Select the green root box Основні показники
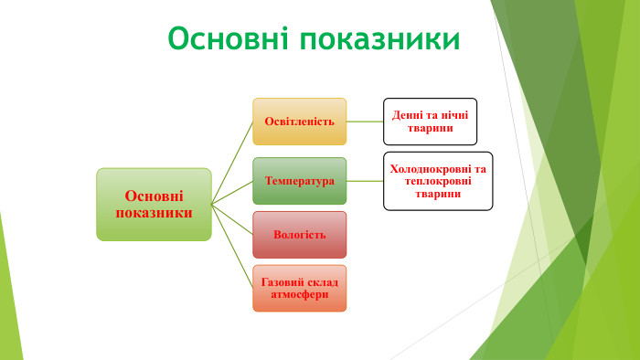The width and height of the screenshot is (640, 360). point(154,204)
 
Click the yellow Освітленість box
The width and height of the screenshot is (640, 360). point(299,122)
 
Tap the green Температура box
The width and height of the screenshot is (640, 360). point(299,181)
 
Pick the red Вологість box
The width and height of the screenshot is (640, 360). point(299,235)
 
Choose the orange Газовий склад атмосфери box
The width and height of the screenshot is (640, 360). point(299,288)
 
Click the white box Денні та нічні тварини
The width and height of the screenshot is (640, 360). point(430,122)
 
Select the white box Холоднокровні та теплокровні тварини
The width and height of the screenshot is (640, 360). point(437,181)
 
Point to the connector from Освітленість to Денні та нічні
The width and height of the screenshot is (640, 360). point(365,122)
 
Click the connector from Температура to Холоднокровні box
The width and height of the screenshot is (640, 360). point(365,181)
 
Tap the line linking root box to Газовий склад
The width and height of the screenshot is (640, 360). point(232,246)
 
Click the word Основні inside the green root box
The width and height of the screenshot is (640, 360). point(154,196)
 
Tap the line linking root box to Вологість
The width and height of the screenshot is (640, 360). point(232,219)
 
